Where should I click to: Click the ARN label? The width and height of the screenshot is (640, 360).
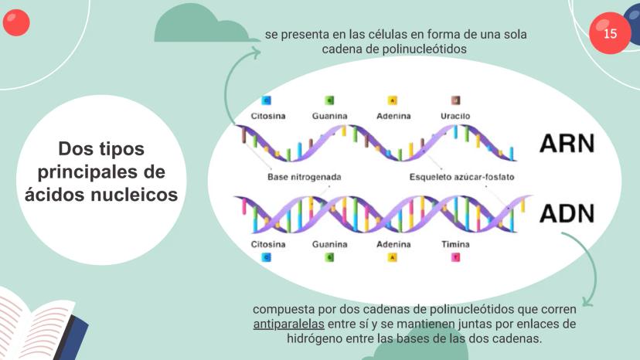pyautogui.click(x=567, y=143)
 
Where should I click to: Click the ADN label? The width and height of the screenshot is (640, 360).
pyautogui.click(x=567, y=213)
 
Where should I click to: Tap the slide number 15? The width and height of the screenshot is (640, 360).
pyautogui.click(x=610, y=33)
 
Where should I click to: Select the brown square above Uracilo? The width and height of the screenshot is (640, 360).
pyautogui.click(x=455, y=100)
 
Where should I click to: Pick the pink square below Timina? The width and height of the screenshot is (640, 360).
pyautogui.click(x=455, y=257)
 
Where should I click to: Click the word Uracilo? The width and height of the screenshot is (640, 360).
pyautogui.click(x=455, y=116)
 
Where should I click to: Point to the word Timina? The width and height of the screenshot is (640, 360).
pyautogui.click(x=455, y=244)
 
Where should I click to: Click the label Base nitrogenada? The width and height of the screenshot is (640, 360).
pyautogui.click(x=304, y=177)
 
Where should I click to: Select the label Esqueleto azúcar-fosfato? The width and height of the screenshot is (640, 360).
pyautogui.click(x=461, y=177)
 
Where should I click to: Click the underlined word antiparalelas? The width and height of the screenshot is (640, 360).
pyautogui.click(x=288, y=324)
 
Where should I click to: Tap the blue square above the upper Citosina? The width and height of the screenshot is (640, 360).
pyautogui.click(x=266, y=100)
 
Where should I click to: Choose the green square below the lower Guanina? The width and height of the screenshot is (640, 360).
pyautogui.click(x=329, y=257)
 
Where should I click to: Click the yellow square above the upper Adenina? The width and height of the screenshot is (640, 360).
pyautogui.click(x=392, y=100)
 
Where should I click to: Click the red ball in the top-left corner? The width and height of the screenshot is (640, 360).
pyautogui.click(x=16, y=22)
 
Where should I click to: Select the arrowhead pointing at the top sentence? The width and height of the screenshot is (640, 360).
pyautogui.click(x=256, y=53)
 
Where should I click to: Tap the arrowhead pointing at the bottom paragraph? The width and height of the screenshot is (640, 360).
pyautogui.click(x=587, y=301)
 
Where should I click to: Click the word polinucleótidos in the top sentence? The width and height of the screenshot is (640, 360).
pyautogui.click(x=424, y=49)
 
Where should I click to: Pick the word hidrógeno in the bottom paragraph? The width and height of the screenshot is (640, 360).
pyautogui.click(x=315, y=339)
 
